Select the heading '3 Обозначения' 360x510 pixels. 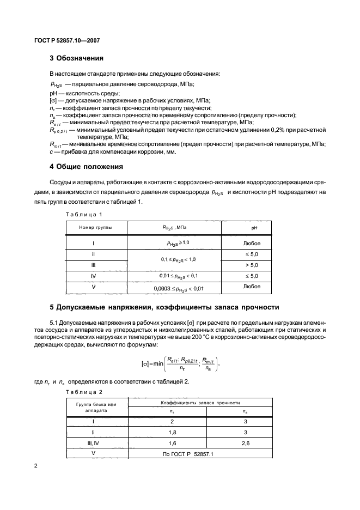pyautogui.click(x=76, y=58)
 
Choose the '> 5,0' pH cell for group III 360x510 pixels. pyautogui.click(x=251, y=265)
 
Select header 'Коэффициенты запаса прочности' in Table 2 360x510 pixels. pyautogui.click(x=200, y=402)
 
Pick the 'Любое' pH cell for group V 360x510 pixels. pyautogui.click(x=251, y=287)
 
